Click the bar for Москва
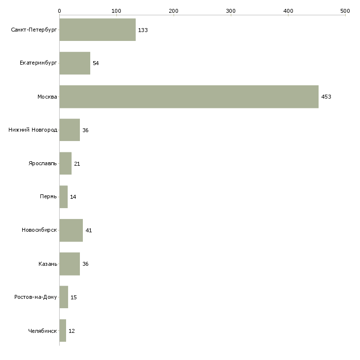point(189,97)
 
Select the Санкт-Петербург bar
point(97,30)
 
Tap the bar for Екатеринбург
point(74,63)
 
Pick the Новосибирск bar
point(71,230)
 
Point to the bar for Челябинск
point(63,330)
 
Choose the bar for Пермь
point(63,197)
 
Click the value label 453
point(326,97)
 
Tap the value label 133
point(143,30)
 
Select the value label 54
point(96,64)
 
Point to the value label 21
point(77,164)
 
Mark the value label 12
point(72,331)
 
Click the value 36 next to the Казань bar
point(85,264)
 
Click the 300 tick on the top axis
point(231,10)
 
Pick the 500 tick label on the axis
point(345,10)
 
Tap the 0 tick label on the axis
point(59,10)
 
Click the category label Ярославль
point(42,164)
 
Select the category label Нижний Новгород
point(33,130)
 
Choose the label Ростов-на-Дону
point(36,297)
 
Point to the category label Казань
point(48,264)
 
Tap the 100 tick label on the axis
point(116,10)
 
